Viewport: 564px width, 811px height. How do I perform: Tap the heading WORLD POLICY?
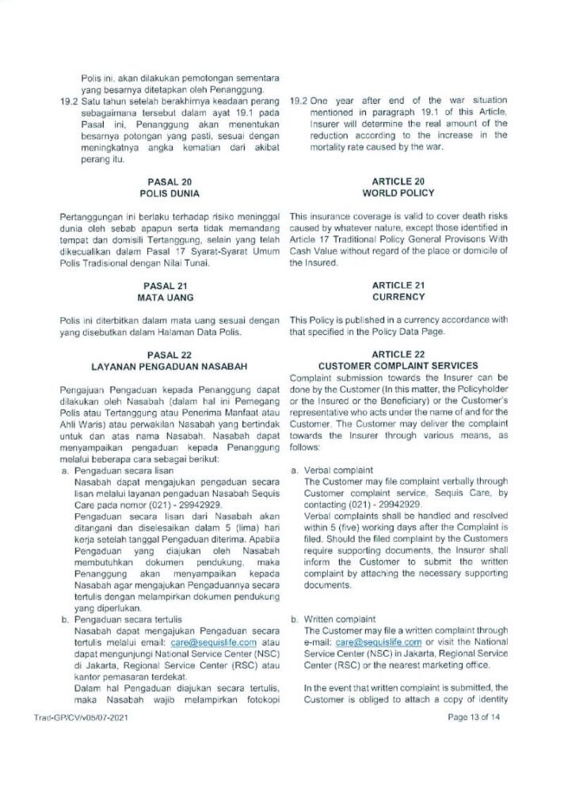click(x=398, y=192)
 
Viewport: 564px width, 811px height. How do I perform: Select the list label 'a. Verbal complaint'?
click(x=326, y=470)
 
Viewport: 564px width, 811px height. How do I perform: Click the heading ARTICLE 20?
click(x=398, y=181)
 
